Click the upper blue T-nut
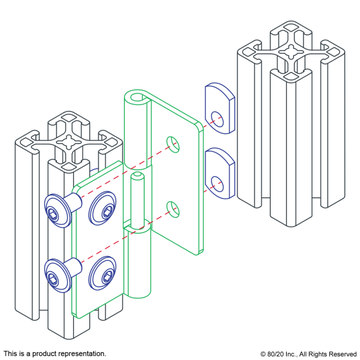[x=219, y=109]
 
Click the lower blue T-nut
[x=219, y=173]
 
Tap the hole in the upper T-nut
[x=217, y=118]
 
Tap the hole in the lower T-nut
[x=217, y=183]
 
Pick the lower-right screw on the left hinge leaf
[x=102, y=272]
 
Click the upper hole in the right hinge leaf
[x=173, y=143]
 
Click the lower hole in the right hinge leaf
[x=173, y=209]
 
